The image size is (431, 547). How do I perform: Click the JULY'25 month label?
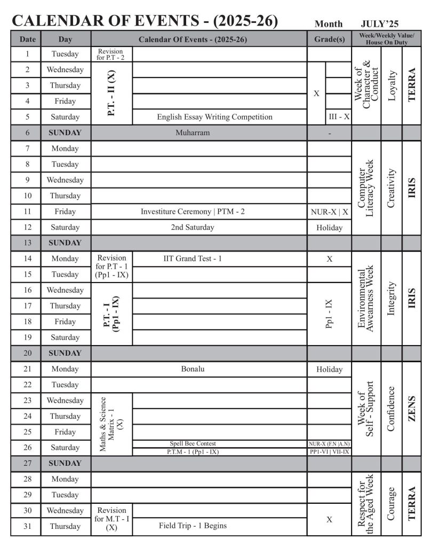tap(379, 24)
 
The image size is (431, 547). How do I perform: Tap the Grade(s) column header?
tap(329, 39)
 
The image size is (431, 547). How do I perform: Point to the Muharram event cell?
tap(193, 133)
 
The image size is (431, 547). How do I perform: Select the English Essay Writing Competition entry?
tap(214, 117)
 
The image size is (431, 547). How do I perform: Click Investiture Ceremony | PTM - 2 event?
tap(193, 212)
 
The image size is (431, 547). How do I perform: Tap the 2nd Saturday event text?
tap(193, 228)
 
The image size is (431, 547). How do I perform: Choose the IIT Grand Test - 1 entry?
tap(192, 259)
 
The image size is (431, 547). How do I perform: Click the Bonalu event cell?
tap(193, 369)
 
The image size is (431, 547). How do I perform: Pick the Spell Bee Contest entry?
tap(193, 444)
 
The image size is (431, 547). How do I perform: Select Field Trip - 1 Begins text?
tap(193, 526)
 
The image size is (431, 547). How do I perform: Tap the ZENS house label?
tap(411, 409)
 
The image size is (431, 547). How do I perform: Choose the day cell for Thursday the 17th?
tap(65, 306)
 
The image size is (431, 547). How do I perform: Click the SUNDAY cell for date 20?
tap(65, 353)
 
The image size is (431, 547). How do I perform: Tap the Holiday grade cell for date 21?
tap(329, 369)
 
